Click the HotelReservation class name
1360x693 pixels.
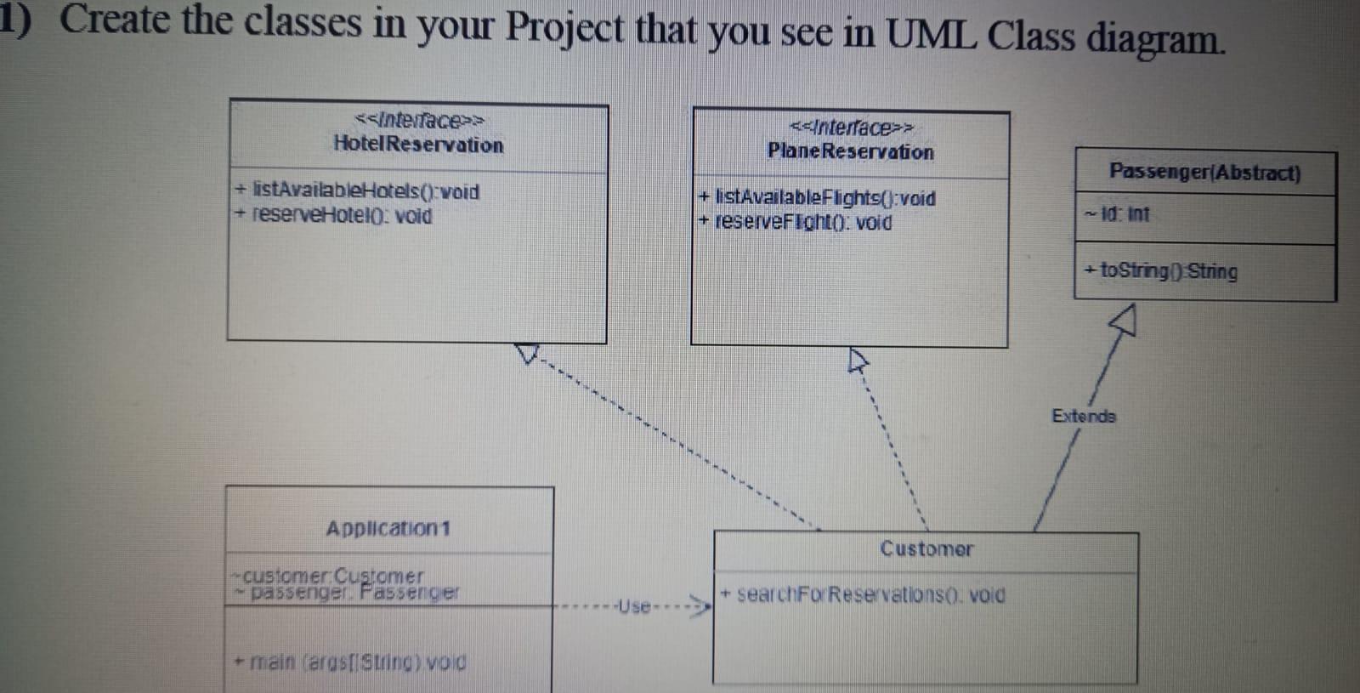pos(418,145)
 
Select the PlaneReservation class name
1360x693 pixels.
pos(850,151)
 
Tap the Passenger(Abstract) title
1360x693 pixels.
pos(1204,173)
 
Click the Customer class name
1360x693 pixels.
pos(926,549)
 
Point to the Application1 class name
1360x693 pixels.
pos(388,529)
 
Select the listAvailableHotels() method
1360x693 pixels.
pos(358,191)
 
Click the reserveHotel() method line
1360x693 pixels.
pos(335,216)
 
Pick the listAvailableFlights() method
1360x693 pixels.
pos(818,198)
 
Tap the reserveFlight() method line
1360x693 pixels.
pos(796,222)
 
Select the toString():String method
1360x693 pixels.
pos(1161,271)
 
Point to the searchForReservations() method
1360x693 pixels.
pos(864,594)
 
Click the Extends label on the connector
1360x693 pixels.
pos(1084,416)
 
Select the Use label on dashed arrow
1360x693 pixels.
pos(634,606)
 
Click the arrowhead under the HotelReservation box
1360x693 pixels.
pos(528,353)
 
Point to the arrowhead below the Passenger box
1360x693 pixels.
pos(1125,321)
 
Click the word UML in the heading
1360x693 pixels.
pos(931,34)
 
